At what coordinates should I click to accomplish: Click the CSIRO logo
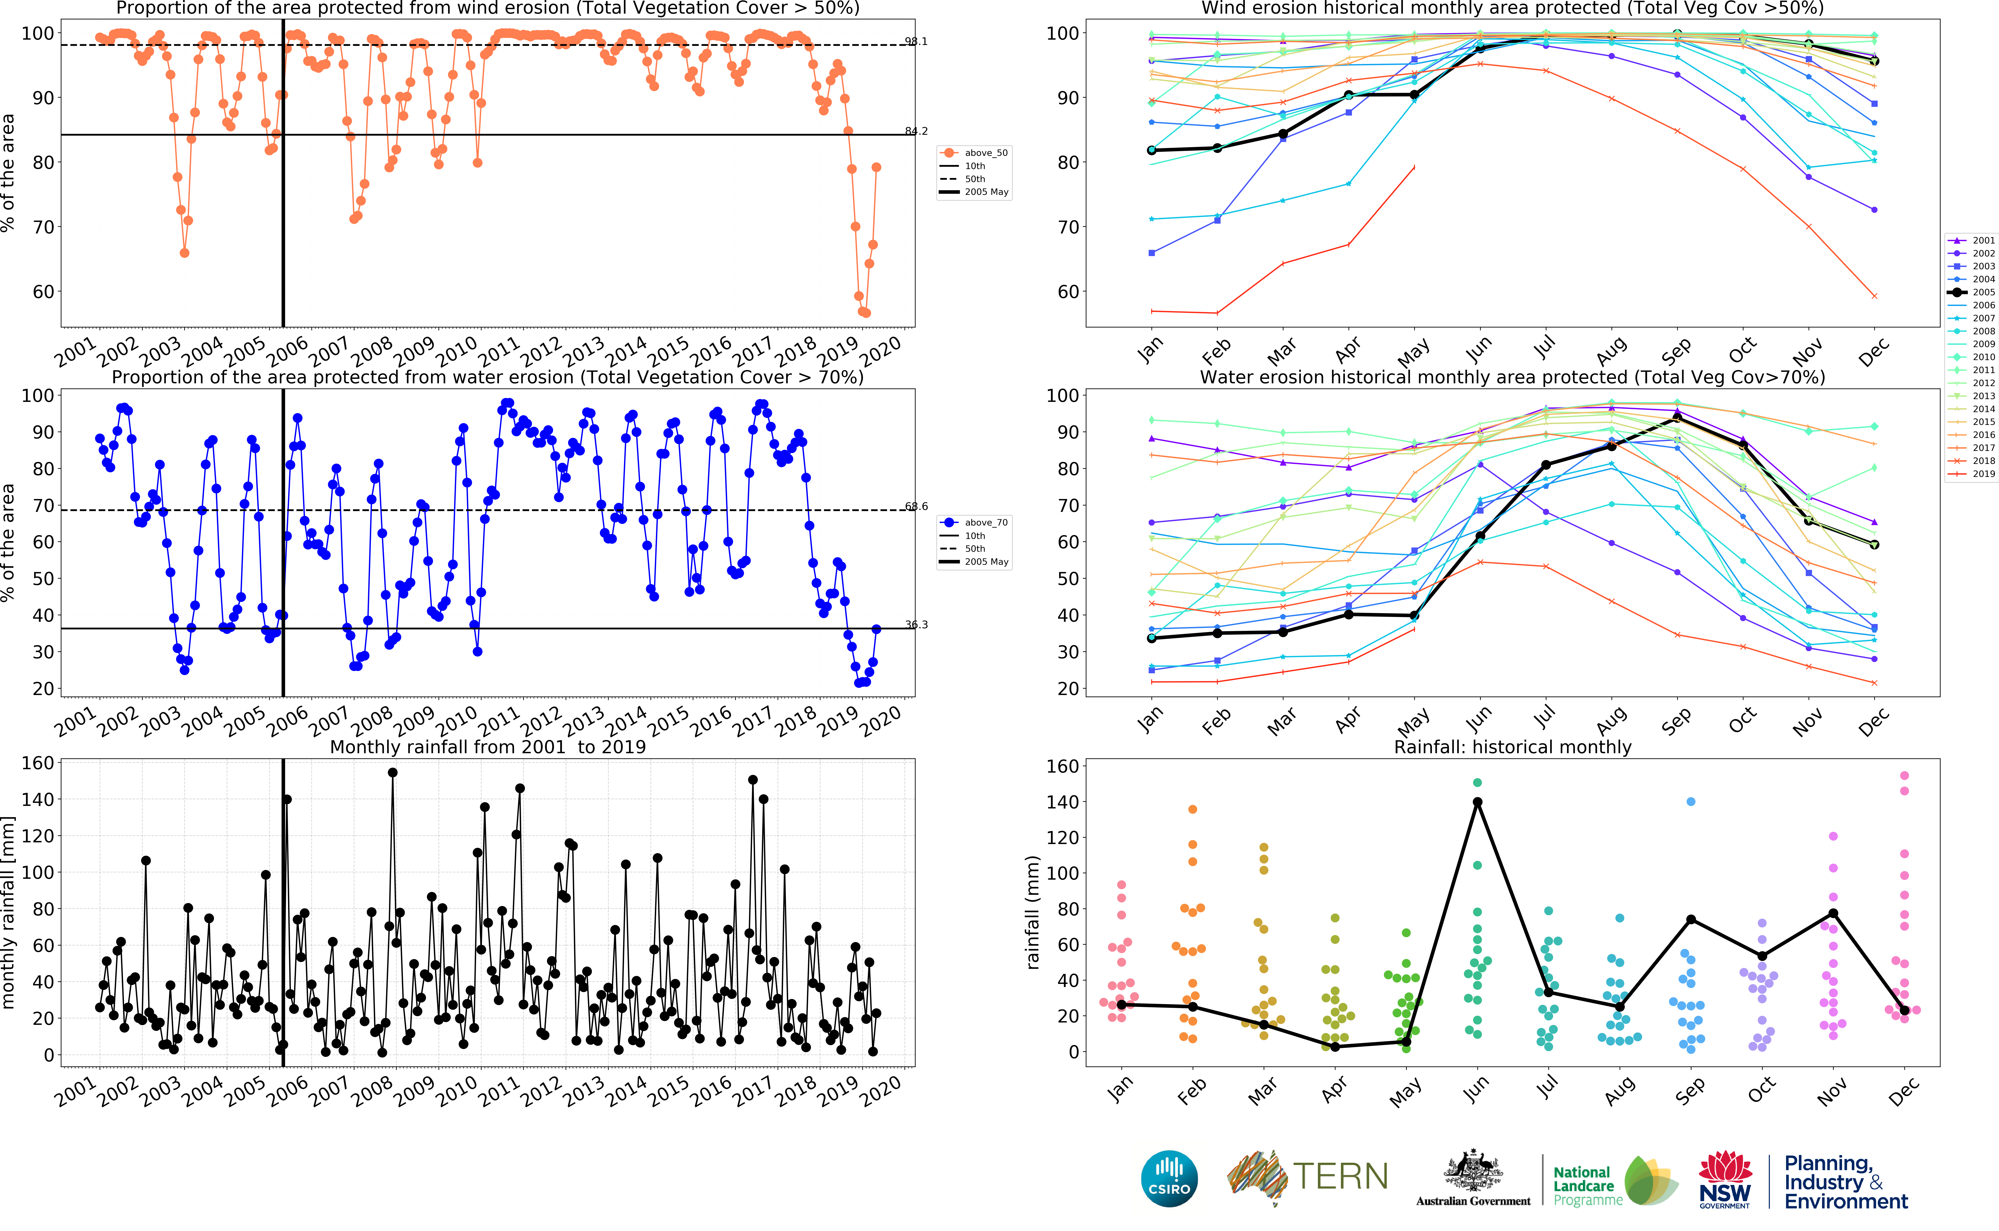tap(1169, 1178)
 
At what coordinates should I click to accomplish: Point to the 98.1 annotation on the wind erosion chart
tap(916, 42)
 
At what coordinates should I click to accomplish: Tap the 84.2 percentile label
tap(916, 131)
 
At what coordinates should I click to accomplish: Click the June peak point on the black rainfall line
tap(1477, 802)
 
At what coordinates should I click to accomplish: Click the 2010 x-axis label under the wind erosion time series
tap(456, 352)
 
